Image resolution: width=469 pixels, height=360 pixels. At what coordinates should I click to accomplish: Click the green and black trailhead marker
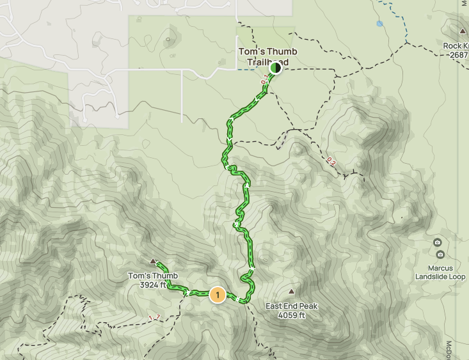pos(276,67)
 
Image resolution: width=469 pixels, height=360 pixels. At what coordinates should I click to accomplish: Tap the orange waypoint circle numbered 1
pos(218,295)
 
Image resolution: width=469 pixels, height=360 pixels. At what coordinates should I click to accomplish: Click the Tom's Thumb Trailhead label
pos(267,56)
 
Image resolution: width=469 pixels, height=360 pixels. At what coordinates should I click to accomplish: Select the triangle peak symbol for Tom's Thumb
pos(153,262)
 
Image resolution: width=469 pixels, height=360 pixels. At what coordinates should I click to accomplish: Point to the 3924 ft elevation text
pos(153,285)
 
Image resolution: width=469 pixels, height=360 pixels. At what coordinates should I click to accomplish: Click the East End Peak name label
pos(292,306)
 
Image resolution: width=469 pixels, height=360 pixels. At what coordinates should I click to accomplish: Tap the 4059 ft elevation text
pos(292,315)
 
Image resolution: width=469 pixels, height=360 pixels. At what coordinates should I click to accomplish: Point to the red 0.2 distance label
pos(331,160)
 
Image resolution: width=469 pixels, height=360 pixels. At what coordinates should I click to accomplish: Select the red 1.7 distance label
pos(154,317)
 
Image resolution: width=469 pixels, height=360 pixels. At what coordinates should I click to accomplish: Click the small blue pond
pos(380,24)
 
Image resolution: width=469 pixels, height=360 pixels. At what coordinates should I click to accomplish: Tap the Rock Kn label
pos(456,46)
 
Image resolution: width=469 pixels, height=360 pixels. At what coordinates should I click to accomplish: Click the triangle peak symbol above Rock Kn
pos(463,31)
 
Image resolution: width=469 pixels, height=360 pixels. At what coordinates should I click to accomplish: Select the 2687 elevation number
pos(459,55)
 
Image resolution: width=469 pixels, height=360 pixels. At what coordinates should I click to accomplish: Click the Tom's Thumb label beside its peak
pos(153,276)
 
